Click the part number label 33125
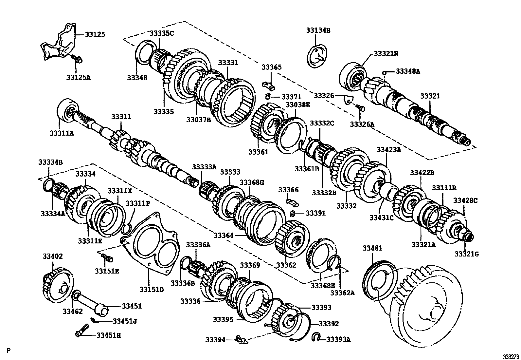[x=95, y=34]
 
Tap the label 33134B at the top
[x=318, y=30]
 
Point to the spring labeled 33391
[x=293, y=214]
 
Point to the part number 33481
[x=372, y=249]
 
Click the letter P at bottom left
[x=9, y=351]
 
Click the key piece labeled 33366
[x=292, y=201]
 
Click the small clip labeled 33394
[x=242, y=340]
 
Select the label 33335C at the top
[x=162, y=33]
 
